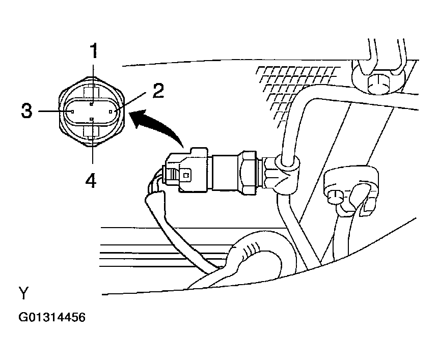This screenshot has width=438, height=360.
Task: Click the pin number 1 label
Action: pyautogui.click(x=94, y=51)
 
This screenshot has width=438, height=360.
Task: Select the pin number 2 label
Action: pyautogui.click(x=158, y=91)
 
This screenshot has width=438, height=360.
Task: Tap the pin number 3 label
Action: pyautogui.click(x=27, y=110)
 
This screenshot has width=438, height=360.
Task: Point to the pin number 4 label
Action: pyautogui.click(x=91, y=180)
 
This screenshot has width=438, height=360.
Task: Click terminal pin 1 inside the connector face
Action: pyautogui.click(x=92, y=104)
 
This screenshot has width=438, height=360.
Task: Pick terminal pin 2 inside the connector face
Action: pyautogui.click(x=111, y=112)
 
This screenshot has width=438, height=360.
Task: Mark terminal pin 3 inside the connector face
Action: pyautogui.click(x=72, y=112)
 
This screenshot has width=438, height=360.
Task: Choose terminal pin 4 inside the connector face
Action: pyautogui.click(x=92, y=119)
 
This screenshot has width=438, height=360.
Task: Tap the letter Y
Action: pyautogui.click(x=24, y=293)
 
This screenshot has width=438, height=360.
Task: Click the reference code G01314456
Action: pyautogui.click(x=52, y=317)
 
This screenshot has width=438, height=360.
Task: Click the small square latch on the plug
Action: pyautogui.click(x=186, y=175)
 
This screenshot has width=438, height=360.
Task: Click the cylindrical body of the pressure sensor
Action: pyautogui.click(x=225, y=173)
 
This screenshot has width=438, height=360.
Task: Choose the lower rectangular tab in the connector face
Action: pyautogui.click(x=92, y=131)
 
